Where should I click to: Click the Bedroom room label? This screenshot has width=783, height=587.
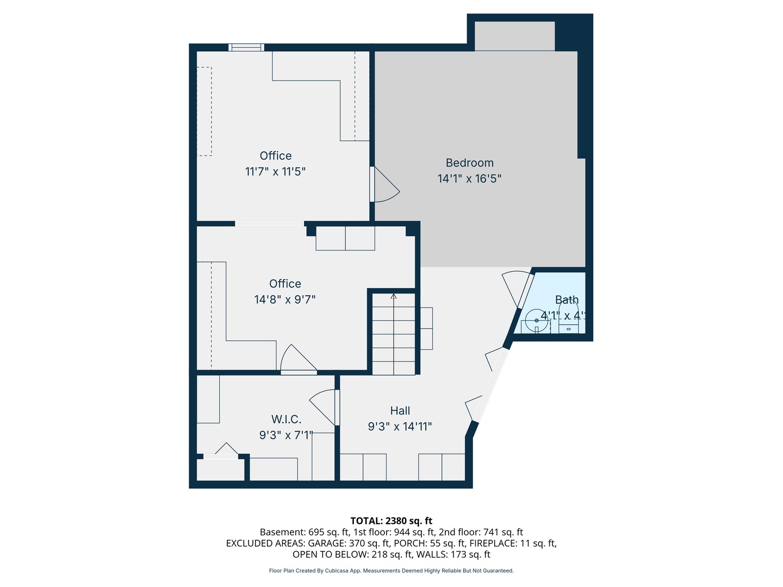pos(469,163)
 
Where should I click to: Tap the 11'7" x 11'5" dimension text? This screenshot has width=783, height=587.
pos(275,172)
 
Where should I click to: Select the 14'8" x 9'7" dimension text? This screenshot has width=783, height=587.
pos(285,299)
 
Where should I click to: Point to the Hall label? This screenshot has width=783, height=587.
pos(400,411)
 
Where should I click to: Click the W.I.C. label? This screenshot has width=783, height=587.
pos(286,419)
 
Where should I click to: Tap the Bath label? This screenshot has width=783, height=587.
pos(567,299)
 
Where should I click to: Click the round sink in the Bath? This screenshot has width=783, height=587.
pos(537,321)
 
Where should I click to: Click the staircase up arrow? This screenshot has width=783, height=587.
pos(393,297)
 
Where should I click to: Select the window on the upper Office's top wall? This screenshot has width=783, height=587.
pos(246,47)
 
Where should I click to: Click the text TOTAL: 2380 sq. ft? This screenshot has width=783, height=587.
pos(391,521)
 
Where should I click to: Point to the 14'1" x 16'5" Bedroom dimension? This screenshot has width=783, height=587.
pos(469,178)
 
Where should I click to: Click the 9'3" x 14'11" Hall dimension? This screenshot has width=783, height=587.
pos(400,427)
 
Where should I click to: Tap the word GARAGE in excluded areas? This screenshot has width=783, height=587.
pos(326,543)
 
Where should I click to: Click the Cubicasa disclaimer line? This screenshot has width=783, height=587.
pos(391,571)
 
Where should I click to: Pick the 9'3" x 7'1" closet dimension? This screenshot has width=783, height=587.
pos(286,435)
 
